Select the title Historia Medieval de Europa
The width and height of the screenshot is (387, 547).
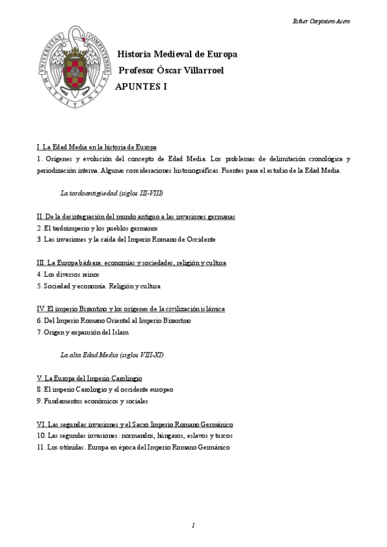(x=176, y=54)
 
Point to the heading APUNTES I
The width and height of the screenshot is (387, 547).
(x=145, y=86)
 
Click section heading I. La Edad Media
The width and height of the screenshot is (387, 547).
(x=97, y=147)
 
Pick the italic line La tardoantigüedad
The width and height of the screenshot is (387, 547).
(x=111, y=193)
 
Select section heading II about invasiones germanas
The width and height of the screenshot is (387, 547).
(x=136, y=217)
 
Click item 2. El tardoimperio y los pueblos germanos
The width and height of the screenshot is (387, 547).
(x=98, y=228)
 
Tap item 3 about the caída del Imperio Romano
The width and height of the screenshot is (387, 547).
(x=126, y=239)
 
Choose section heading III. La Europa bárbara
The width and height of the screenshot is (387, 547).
(x=132, y=263)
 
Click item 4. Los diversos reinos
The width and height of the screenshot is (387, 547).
(x=68, y=274)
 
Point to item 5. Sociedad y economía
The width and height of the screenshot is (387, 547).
(x=99, y=286)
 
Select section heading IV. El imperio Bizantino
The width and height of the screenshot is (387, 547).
(x=131, y=309)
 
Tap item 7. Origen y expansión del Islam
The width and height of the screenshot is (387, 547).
(x=83, y=332)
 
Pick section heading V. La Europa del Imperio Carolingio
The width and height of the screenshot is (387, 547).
(x=90, y=378)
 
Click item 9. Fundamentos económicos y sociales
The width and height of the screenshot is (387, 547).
(x=92, y=401)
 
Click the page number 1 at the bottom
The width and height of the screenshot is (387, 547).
(x=193, y=526)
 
